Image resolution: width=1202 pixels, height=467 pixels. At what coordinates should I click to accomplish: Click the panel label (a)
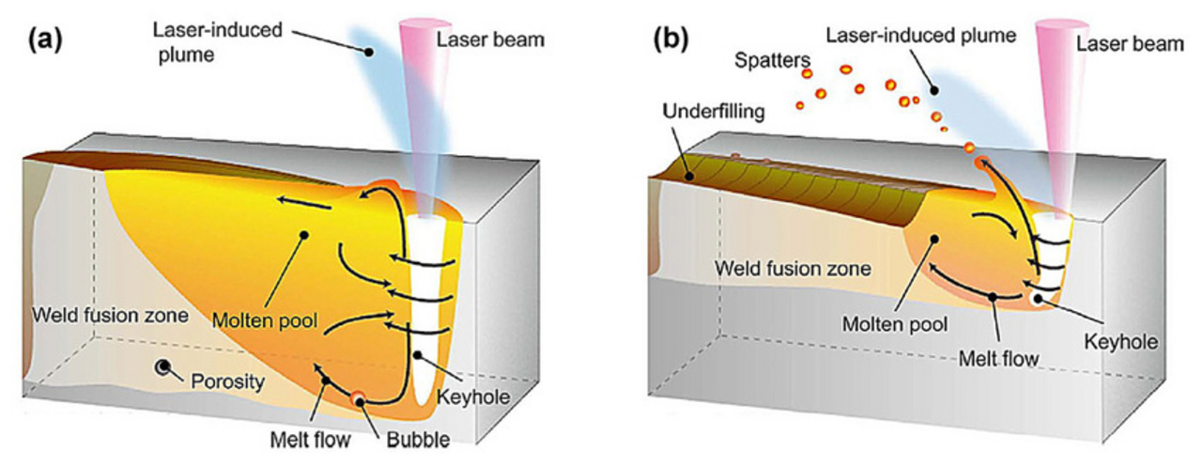pos(45,39)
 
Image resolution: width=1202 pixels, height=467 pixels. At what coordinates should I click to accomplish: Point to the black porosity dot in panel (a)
pos(164,366)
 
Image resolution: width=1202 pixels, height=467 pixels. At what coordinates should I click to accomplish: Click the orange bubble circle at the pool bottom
pos(357,400)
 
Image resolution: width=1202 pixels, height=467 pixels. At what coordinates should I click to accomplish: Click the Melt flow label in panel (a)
pos(302,438)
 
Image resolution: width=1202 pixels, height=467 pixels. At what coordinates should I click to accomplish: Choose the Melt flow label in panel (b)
pos(997,357)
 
